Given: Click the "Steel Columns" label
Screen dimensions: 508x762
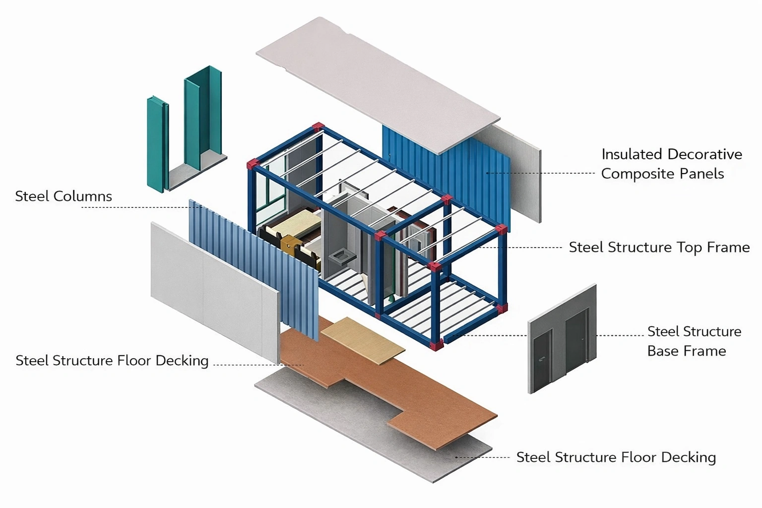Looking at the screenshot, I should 63,196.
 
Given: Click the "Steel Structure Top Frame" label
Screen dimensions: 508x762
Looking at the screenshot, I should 659,248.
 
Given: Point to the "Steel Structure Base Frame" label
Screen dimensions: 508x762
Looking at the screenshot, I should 694,341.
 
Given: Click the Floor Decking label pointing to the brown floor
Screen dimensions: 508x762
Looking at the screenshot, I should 112,361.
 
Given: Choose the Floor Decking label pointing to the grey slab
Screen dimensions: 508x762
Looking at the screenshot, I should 616,457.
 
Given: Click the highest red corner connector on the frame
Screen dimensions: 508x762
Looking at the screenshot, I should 318,127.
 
